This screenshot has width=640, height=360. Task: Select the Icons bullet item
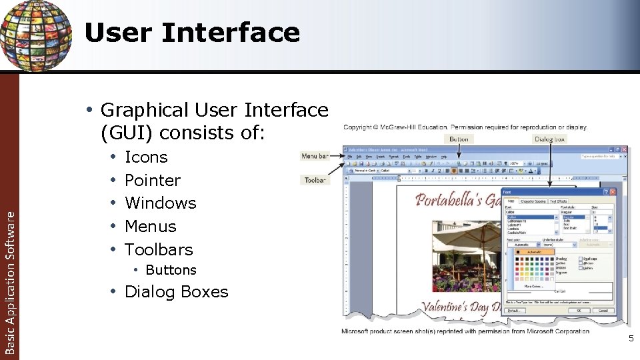click(146, 157)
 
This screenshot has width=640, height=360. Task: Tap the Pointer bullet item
click(153, 180)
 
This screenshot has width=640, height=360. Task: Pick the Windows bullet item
click(160, 203)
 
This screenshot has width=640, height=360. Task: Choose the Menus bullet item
click(151, 226)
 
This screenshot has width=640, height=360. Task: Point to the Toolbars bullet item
click(159, 249)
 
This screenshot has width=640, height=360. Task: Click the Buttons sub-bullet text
click(171, 270)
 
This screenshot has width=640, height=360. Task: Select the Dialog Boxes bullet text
click(176, 292)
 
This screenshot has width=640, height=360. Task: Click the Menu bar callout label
click(315, 156)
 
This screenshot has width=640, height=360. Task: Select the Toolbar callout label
click(315, 180)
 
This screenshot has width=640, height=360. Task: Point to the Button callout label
click(459, 139)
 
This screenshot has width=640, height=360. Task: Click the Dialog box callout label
click(550, 139)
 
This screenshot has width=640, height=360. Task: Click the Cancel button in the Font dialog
click(603, 311)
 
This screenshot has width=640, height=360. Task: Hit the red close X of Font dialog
click(613, 191)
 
